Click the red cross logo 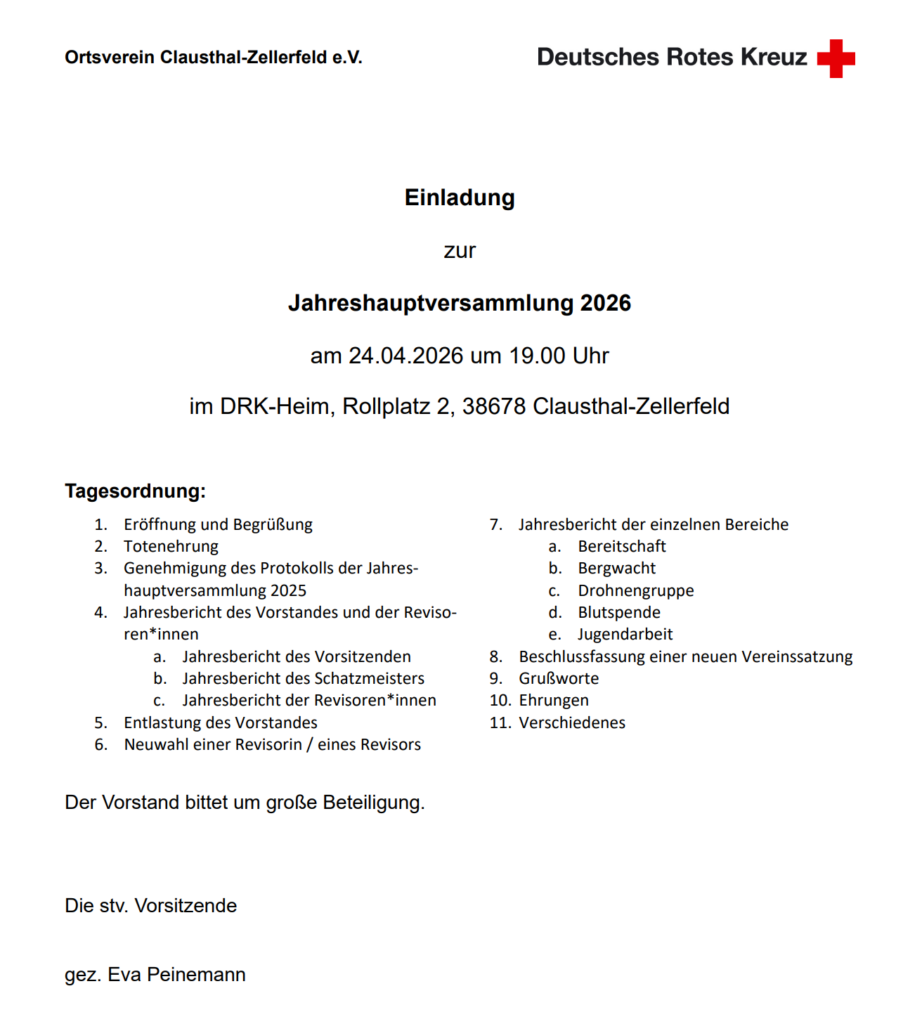[836, 58]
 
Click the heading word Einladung [460, 198]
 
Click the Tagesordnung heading [135, 491]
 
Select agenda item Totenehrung [171, 546]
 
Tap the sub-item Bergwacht [617, 568]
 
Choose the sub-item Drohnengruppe [635, 590]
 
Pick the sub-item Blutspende [619, 612]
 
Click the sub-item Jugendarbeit [625, 634]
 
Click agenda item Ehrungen [554, 700]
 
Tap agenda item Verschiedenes [572, 722]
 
